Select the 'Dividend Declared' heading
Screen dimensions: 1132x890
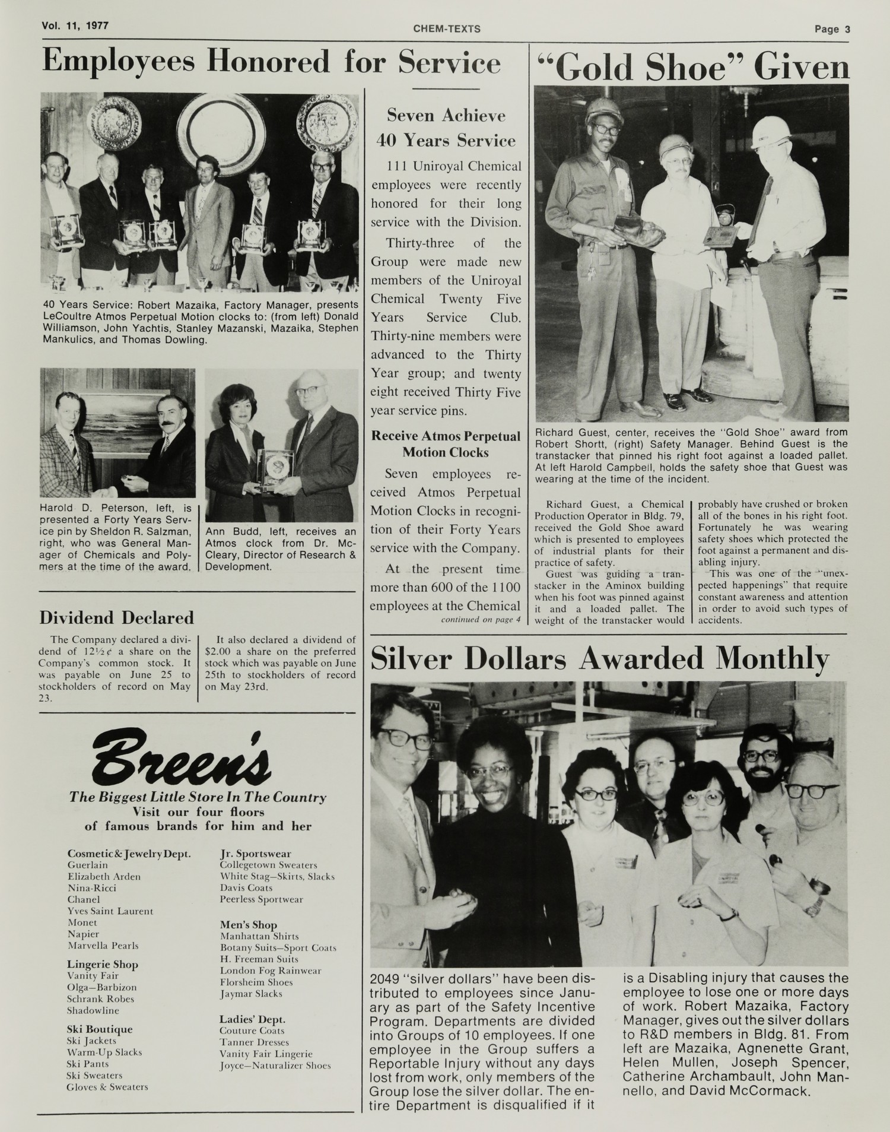[116, 618]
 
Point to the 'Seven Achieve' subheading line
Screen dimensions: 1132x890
[446, 115]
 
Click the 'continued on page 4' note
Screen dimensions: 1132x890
[480, 620]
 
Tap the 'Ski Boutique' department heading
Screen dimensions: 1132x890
[99, 1029]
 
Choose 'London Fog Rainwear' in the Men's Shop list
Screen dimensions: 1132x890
[271, 971]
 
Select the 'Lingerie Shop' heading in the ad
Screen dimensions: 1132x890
[102, 965]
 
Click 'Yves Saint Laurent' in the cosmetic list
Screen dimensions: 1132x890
[110, 911]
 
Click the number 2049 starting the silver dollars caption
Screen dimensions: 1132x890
[386, 978]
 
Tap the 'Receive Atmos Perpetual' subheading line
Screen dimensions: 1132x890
[446, 436]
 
